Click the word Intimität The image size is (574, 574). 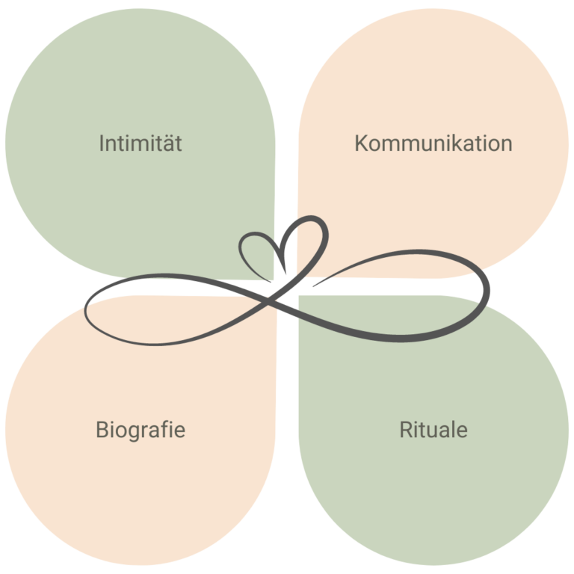pyautogui.click(x=141, y=143)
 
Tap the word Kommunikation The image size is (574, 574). pyautogui.click(x=433, y=143)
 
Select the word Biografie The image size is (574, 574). pyautogui.click(x=141, y=430)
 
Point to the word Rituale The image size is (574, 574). pyautogui.click(x=433, y=430)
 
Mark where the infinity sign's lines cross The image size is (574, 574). pyautogui.click(x=272, y=300)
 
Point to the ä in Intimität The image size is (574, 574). pyautogui.click(x=166, y=143)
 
